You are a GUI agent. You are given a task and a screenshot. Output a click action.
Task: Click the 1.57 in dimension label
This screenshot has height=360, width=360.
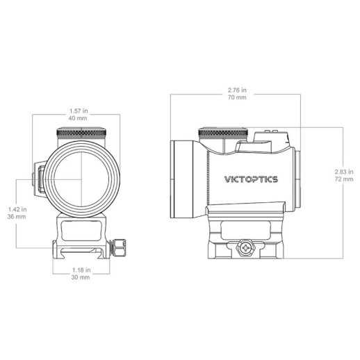[83, 109]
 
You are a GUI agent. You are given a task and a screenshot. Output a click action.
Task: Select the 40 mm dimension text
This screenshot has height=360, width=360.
[83, 117]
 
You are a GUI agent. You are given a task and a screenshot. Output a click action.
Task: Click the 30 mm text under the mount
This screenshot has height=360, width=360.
[83, 277]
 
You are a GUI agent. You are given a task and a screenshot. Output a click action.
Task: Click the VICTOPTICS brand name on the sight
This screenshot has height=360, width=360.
[251, 179]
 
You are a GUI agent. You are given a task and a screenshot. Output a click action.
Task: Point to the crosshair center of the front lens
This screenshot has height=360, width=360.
[83, 179]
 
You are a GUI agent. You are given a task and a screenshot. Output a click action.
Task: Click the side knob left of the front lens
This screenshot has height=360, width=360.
[41, 178]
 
